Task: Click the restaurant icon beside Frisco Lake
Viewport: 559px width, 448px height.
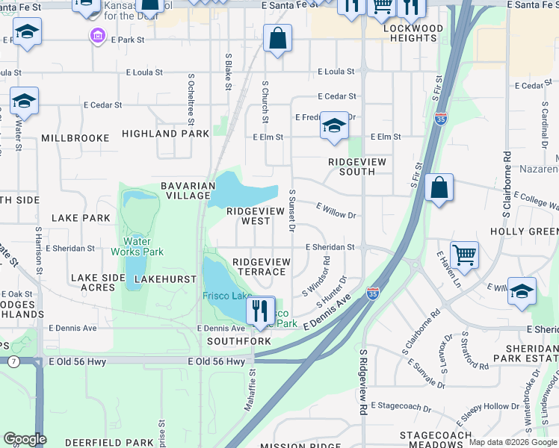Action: pyautogui.click(x=260, y=310)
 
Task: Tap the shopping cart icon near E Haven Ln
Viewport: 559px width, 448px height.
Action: pyautogui.click(x=464, y=255)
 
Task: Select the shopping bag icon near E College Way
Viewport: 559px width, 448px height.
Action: pyautogui.click(x=439, y=187)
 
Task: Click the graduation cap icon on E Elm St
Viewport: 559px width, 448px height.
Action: pyautogui.click(x=334, y=125)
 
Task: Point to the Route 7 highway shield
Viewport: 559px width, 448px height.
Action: pyautogui.click(x=13, y=361)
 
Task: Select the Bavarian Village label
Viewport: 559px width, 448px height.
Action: pyautogui.click(x=185, y=190)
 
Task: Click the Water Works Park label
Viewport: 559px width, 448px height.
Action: pyautogui.click(x=138, y=246)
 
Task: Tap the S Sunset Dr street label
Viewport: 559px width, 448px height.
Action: pyautogui.click(x=293, y=210)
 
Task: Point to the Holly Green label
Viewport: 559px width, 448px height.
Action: pyautogui.click(x=524, y=232)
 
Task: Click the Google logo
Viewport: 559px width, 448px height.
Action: pyautogui.click(x=25, y=439)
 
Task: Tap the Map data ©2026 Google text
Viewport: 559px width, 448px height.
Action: pyautogui.click(x=512, y=442)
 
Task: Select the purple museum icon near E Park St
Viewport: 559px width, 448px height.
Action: pyautogui.click(x=98, y=36)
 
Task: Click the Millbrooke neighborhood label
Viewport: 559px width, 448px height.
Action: pyautogui.click(x=75, y=138)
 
